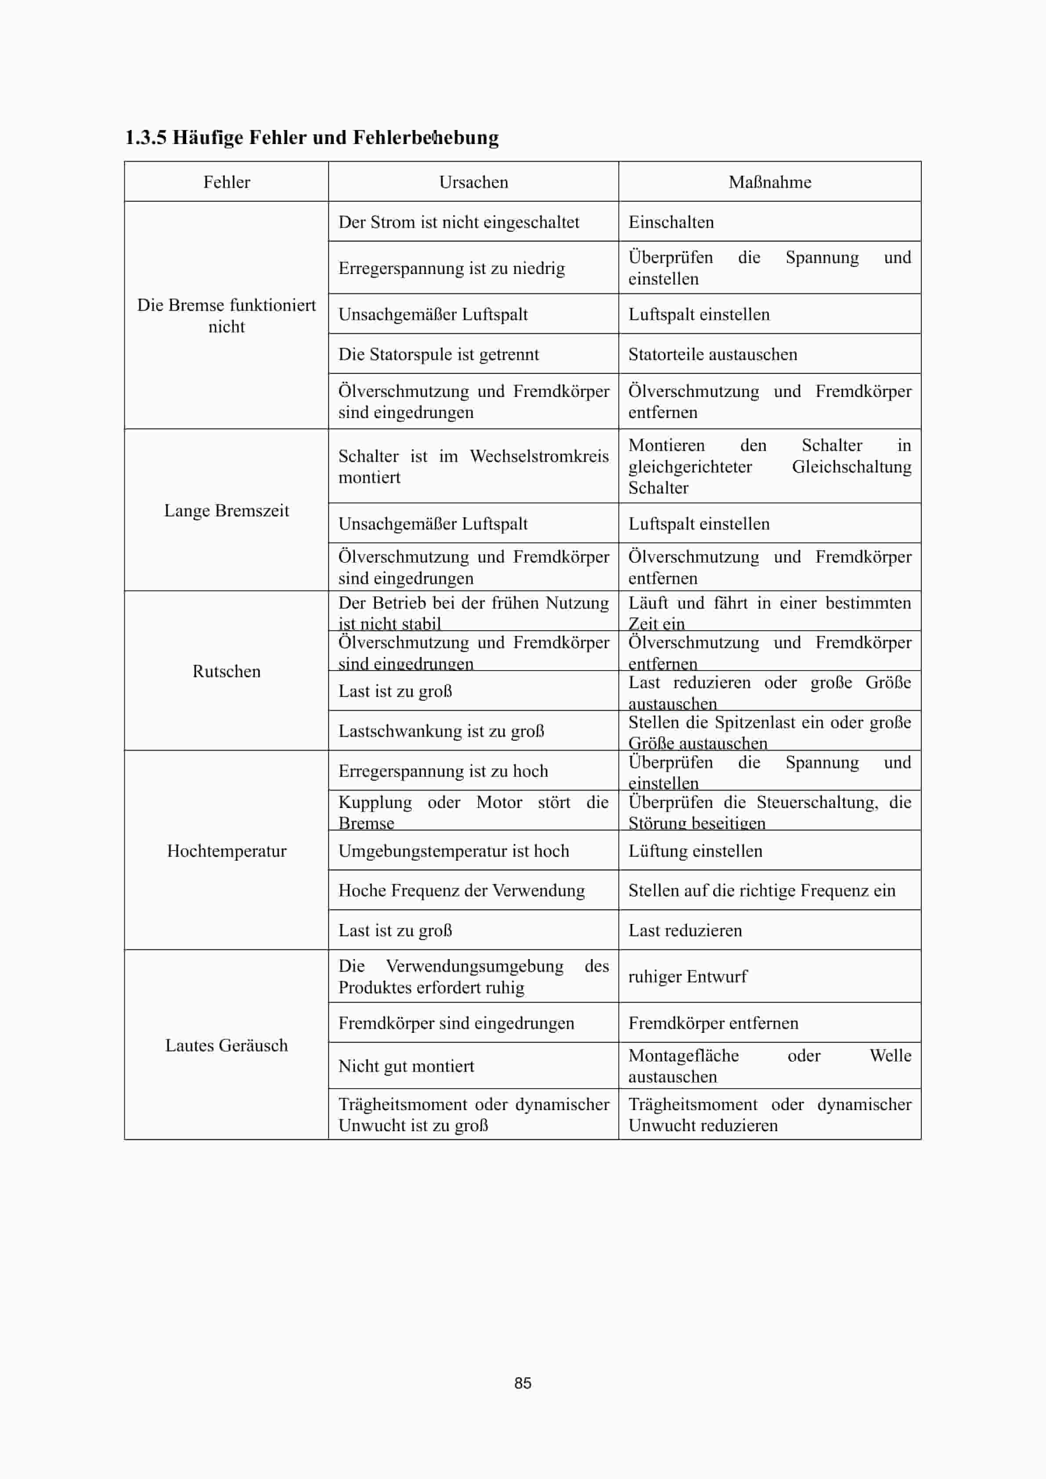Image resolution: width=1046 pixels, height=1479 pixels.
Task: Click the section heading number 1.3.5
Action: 145,137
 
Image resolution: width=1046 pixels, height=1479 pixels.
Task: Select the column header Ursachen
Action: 473,182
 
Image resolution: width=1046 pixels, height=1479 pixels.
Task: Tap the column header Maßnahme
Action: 770,182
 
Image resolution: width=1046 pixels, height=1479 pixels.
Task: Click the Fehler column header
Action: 226,182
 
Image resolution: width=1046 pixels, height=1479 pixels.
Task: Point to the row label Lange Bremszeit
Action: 226,511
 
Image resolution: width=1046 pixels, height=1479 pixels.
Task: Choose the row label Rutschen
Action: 226,671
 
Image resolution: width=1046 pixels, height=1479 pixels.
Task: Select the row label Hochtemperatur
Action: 226,851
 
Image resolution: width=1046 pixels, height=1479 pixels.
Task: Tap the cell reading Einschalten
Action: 671,222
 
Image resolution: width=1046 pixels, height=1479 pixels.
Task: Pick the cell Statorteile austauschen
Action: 712,354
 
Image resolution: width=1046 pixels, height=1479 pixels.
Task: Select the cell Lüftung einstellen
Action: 695,851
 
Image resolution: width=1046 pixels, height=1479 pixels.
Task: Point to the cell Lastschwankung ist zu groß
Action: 441,731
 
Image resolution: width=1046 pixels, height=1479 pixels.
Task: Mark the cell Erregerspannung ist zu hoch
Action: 443,771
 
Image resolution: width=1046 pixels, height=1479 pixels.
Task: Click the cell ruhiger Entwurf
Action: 687,977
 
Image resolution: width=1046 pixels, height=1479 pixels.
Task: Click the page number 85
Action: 523,1383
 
